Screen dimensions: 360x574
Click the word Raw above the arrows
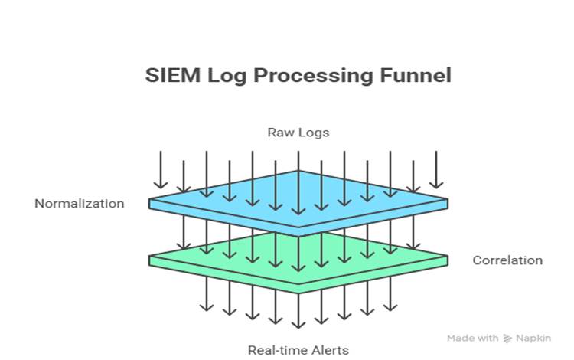click(279, 132)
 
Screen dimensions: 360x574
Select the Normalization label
click(79, 203)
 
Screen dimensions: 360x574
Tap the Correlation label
click(507, 260)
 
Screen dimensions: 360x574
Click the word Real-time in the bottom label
click(272, 350)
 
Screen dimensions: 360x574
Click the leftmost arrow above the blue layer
click(161, 169)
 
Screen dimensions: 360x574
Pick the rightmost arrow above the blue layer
click(436, 169)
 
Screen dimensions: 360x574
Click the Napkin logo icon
click(507, 338)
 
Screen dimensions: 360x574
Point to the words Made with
click(473, 338)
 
